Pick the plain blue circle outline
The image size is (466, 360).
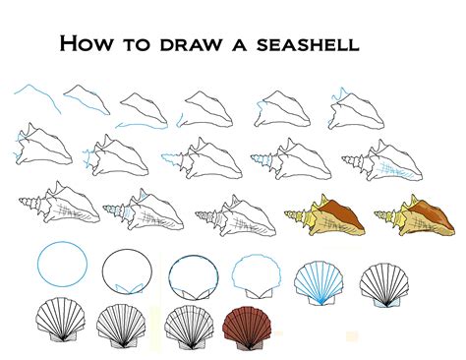click(x=61, y=266)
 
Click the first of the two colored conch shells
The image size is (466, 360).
click(x=325, y=218)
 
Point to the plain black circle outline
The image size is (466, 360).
click(x=125, y=269)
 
